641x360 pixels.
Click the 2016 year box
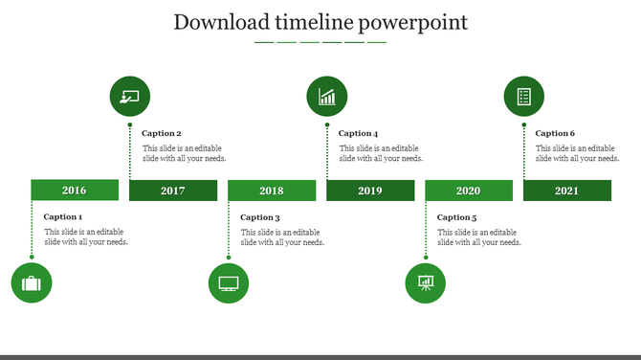[75, 191]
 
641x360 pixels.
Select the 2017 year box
[173, 191]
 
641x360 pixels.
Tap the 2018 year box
[272, 191]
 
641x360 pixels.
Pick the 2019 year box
[370, 191]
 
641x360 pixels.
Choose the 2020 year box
[469, 191]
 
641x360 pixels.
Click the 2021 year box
[567, 191]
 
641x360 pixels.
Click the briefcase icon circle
[32, 283]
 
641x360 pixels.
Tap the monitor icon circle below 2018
[229, 283]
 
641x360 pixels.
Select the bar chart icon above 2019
[327, 97]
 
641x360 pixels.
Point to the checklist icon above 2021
[524, 97]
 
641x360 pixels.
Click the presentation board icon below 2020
[426, 283]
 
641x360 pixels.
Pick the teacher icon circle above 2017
[130, 97]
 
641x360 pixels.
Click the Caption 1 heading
[63, 217]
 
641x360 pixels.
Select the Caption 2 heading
[162, 134]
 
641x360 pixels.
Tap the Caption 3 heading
[260, 217]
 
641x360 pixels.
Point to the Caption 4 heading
[359, 134]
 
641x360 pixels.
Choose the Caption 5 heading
[457, 217]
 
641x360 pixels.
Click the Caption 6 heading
[556, 134]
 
